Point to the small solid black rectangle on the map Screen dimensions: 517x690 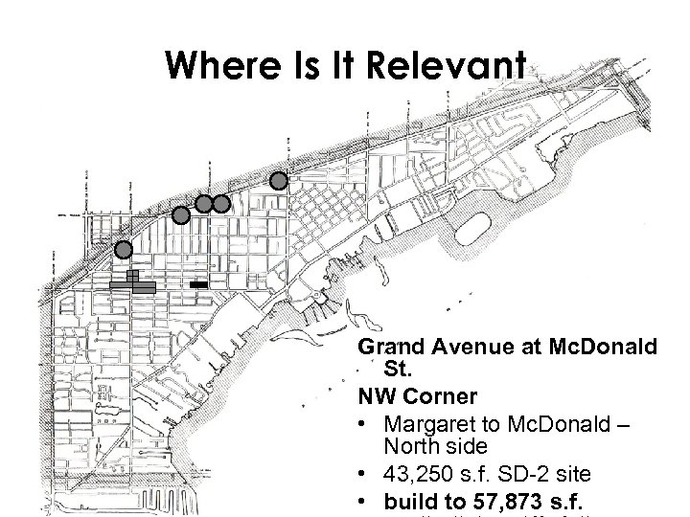198,285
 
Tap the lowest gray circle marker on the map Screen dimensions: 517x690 123,250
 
